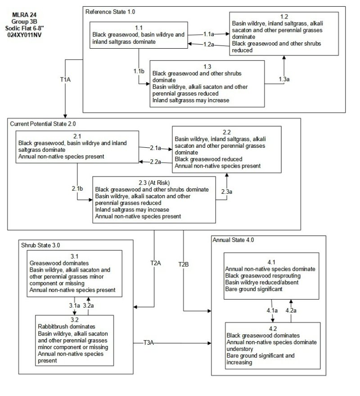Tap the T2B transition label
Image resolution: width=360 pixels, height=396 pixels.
[184, 264]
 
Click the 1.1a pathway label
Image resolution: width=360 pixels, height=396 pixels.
[208, 34]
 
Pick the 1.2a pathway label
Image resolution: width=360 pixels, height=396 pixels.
[208, 44]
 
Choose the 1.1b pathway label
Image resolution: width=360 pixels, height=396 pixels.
[139, 72]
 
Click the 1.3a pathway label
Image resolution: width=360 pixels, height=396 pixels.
[284, 79]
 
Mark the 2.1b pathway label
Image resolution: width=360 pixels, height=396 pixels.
[77, 187]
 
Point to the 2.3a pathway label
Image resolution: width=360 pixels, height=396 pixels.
[227, 191]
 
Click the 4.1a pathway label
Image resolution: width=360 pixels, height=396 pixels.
[273, 310]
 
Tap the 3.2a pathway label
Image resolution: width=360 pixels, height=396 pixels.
[89, 306]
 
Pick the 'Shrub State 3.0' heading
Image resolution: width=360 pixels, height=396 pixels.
[40, 246]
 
